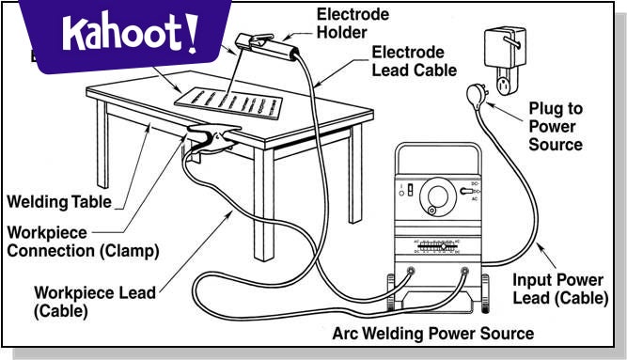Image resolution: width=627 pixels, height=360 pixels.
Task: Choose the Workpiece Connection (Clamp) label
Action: [84, 241]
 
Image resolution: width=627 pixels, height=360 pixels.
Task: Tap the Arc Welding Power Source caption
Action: [432, 334]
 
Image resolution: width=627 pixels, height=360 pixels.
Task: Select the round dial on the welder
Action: [437, 196]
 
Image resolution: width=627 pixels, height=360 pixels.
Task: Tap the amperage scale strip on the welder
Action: [438, 246]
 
